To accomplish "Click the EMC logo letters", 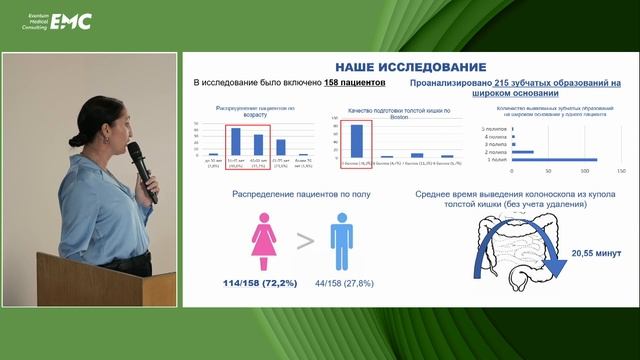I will pos(71,21).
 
